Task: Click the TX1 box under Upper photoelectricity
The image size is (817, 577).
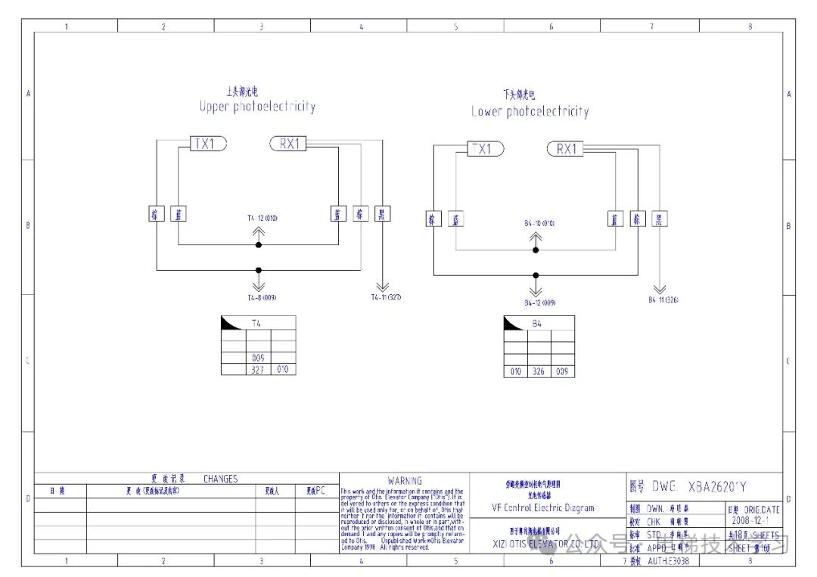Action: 207,144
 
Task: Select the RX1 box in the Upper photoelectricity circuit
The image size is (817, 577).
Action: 289,144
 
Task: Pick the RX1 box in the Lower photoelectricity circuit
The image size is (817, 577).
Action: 566,149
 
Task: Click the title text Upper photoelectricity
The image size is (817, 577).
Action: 257,107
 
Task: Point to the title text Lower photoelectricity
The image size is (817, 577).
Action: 530,112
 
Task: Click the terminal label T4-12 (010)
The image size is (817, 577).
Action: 262,218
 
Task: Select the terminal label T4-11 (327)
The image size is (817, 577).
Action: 386,297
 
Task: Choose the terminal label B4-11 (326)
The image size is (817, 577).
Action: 663,299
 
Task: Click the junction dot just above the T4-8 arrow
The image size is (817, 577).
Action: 259,270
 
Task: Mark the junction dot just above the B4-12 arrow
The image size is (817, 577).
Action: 536,275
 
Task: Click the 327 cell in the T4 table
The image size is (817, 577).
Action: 258,370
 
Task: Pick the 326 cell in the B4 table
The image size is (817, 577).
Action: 539,372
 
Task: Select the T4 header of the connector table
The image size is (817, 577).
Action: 258,323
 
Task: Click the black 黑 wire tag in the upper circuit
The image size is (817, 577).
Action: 383,214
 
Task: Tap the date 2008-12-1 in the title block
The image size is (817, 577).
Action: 753,521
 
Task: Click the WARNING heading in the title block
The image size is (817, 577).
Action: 405,480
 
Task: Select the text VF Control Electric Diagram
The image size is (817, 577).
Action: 542,508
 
